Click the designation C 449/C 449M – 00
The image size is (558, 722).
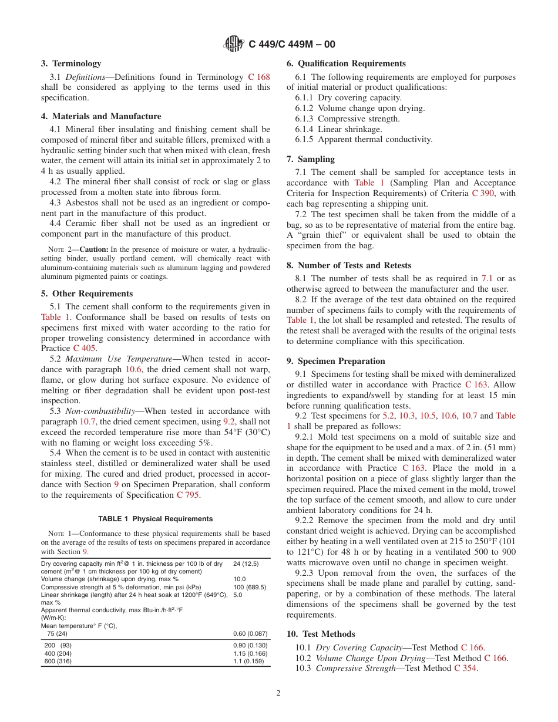coord(292,45)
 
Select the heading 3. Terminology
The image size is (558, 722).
coord(71,63)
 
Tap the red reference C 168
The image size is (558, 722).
coord(259,77)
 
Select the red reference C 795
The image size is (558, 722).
coord(188,495)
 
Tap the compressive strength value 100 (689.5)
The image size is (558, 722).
coord(250,587)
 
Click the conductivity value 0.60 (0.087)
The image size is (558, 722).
coord(250,633)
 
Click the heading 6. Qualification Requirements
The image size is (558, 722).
coord(346,63)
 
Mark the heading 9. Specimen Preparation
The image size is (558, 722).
coord(336,361)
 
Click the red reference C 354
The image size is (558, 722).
coord(466,669)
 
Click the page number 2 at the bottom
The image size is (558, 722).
coord(278,693)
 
